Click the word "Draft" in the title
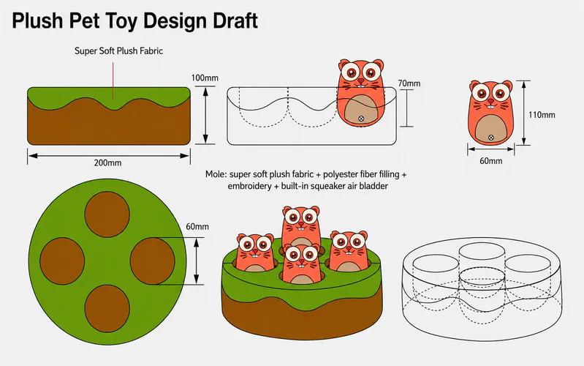pos(235,20)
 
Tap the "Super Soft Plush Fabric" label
pos(119,51)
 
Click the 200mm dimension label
pos(107,163)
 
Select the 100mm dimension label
pos(205,78)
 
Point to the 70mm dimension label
pos(409,83)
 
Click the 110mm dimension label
pos(542,115)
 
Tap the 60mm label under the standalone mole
pos(491,161)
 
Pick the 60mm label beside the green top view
pos(197,226)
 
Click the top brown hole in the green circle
pos(107,214)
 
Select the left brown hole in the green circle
pos(62,261)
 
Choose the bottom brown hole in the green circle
pos(107,309)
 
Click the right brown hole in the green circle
pos(152,261)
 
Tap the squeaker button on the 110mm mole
pos(491,138)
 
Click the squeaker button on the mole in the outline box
pos(361,119)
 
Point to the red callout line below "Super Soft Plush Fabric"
pos(113,81)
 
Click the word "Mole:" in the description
pos(216,174)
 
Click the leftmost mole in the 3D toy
pos(255,253)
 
